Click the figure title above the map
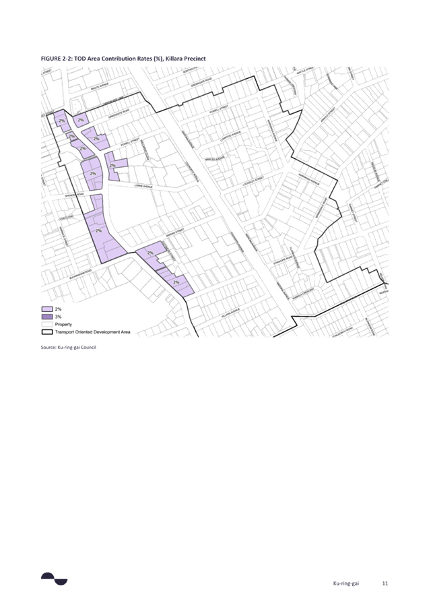click(123, 59)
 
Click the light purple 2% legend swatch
click(47, 310)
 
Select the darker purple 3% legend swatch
click(47, 317)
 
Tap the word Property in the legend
click(63, 325)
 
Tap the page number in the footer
click(385, 583)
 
